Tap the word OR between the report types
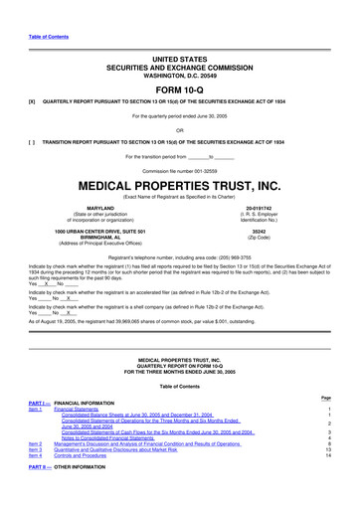pos(179,129)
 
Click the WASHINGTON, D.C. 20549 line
pos(179,62)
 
